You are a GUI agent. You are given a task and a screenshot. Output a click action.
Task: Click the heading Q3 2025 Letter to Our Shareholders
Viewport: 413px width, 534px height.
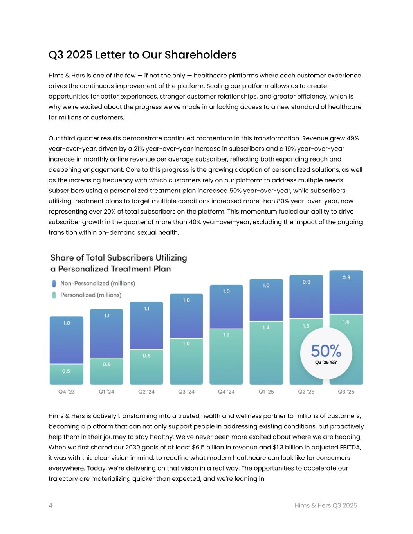[142, 55]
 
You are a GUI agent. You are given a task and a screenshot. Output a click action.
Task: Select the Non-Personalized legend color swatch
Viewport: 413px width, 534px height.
[54, 284]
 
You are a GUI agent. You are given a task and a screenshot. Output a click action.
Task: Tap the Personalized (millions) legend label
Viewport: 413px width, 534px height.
[90, 295]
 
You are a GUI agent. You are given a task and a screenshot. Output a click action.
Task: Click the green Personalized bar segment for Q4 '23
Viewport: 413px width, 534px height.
[67, 374]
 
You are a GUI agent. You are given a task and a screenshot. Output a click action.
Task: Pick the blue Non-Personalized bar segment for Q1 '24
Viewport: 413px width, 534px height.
[106, 334]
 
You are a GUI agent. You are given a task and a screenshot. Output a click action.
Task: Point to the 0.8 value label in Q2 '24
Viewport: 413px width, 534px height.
[146, 356]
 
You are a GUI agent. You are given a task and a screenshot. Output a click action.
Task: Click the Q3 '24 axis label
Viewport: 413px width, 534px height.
[186, 392]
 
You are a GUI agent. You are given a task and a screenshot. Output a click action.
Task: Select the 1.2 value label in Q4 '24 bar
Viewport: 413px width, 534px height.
[226, 335]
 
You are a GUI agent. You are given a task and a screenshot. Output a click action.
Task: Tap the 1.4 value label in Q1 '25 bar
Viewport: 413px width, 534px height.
[266, 327]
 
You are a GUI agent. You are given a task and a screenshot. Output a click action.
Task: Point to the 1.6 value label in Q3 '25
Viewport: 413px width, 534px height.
[346, 322]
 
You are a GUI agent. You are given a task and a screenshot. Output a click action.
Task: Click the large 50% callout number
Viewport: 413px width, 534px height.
[326, 351]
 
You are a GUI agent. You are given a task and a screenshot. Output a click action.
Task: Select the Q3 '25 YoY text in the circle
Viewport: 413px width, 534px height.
[326, 363]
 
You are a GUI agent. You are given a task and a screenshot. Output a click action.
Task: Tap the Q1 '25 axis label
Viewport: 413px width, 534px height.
[266, 392]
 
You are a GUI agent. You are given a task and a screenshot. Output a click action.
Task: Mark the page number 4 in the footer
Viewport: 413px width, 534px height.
[50, 505]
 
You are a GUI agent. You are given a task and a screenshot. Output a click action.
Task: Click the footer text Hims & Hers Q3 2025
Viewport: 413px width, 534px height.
[326, 505]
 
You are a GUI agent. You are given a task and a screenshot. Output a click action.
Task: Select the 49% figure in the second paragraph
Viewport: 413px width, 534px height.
[352, 138]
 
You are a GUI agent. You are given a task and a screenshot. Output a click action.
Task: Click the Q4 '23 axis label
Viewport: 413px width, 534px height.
[67, 392]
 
